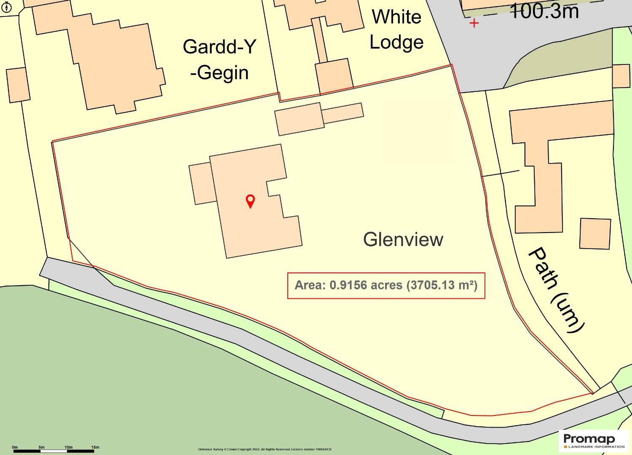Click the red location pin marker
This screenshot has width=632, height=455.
pos(250,201)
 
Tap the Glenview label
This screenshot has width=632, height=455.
pos(403,239)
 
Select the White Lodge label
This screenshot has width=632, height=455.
pos(396,29)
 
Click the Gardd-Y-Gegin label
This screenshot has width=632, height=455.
pos(219,59)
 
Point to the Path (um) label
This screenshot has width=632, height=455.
pos(556,291)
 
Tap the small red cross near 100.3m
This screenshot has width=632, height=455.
pos(474,23)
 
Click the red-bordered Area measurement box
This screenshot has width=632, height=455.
pos(386,286)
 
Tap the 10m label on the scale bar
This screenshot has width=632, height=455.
pos(68,447)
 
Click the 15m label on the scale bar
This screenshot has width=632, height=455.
pos(95,447)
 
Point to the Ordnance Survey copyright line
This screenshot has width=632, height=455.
pos(265,450)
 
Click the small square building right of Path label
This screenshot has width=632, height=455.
pos(595,233)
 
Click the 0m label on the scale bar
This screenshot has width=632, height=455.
pos(15,447)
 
